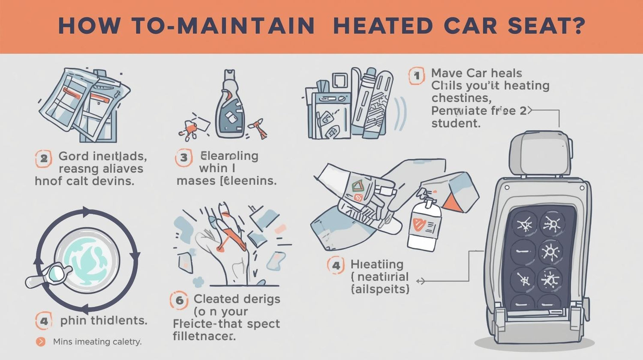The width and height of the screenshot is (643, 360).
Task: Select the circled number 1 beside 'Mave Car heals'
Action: point(416,76)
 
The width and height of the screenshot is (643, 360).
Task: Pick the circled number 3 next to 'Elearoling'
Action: point(183,158)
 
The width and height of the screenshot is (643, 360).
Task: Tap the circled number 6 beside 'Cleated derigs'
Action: point(179,300)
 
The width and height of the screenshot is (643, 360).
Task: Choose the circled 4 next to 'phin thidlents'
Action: point(44,321)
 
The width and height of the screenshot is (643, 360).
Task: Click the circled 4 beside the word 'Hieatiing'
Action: point(336,265)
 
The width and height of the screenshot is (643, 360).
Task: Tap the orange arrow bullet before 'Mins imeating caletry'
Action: point(41,342)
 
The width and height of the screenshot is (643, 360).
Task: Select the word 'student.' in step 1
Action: point(455,124)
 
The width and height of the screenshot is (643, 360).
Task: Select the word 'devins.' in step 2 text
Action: point(113,181)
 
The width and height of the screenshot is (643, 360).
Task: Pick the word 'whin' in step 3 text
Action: point(213,168)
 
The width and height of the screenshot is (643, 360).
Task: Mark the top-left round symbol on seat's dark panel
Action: point(524,224)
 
